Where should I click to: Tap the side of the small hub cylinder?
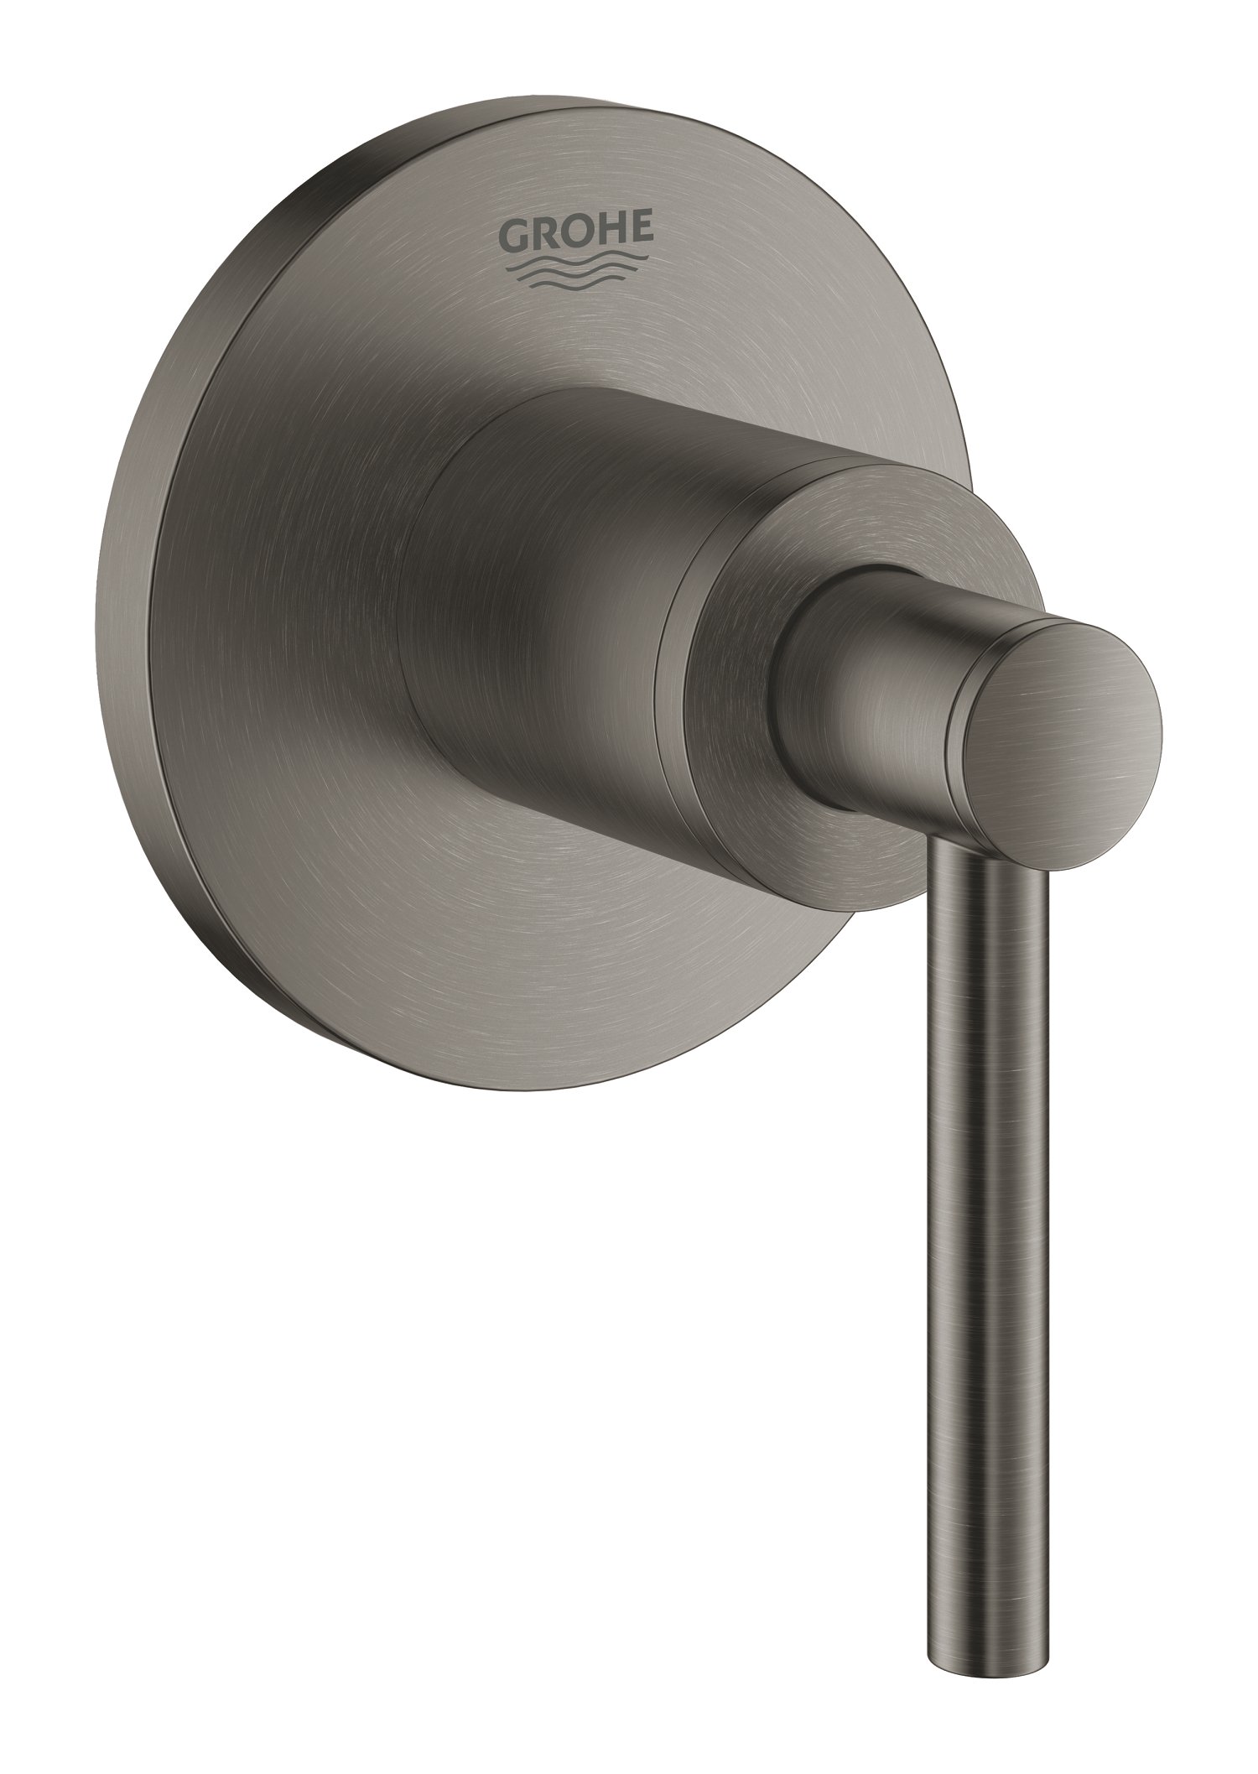point(872,671)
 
